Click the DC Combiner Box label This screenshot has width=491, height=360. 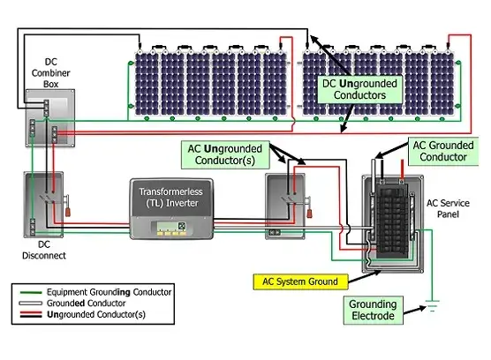coord(50,73)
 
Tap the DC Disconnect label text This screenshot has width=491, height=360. coord(44,250)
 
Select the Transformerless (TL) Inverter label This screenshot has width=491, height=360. coord(171,197)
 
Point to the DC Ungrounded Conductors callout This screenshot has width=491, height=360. coord(359,89)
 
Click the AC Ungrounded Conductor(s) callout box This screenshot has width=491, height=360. coord(225,154)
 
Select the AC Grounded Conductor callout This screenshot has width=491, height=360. coord(443,151)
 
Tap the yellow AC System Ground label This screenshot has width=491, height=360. coord(300,281)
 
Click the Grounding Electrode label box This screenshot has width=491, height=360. coord(373,310)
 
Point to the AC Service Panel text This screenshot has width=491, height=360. coord(448,208)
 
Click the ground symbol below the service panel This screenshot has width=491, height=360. coord(433,306)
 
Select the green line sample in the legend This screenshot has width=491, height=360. coord(31,292)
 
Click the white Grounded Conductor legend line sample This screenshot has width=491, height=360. coord(30,303)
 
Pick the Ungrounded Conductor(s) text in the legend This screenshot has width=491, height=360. coord(96,314)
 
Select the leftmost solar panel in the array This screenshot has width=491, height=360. coord(147,83)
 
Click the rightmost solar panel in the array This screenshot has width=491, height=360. coord(442,83)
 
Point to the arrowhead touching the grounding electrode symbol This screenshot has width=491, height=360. coord(422,308)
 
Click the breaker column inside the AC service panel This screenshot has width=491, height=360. coord(392,221)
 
